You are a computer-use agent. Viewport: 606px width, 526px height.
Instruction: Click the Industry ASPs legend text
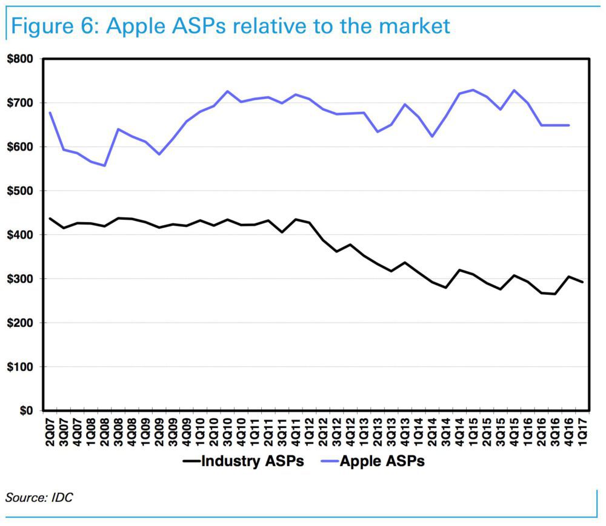coord(252,462)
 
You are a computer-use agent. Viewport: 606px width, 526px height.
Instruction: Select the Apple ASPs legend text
coord(382,462)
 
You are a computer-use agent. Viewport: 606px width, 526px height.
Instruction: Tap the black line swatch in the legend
coord(191,462)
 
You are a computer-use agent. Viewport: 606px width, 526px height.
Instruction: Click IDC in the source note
coord(63,498)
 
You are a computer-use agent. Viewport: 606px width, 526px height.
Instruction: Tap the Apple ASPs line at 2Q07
coord(50,113)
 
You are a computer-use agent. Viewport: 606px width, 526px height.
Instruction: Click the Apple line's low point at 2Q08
coord(104,165)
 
